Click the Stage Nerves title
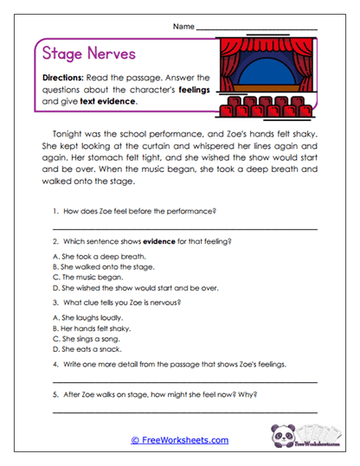pyautogui.click(x=89, y=54)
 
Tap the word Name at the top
pyautogui.click(x=183, y=28)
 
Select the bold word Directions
pyautogui.click(x=62, y=77)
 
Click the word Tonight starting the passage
pyautogui.click(x=69, y=135)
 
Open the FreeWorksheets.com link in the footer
pyautogui.click(x=180, y=440)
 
